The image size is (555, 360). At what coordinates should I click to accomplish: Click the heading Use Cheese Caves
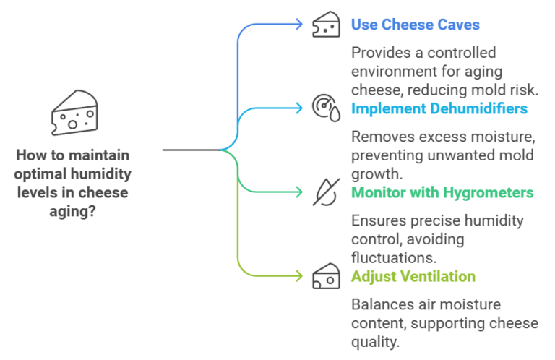coord(415,25)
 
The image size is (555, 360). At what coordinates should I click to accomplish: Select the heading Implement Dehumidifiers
coord(439,108)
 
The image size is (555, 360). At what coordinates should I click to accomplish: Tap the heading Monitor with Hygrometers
coord(442,192)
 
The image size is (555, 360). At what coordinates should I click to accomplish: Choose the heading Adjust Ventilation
coord(413,276)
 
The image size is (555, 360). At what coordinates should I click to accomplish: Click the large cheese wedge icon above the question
coord(74,113)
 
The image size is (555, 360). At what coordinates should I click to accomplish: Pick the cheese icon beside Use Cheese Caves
coord(325,25)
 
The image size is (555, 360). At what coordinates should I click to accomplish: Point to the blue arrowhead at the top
coord(298,24)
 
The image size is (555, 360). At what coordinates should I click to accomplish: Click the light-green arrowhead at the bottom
coord(298,275)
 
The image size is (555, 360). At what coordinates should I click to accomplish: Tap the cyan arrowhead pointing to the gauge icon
coord(298,108)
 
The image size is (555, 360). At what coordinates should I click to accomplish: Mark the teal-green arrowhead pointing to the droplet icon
coord(298,192)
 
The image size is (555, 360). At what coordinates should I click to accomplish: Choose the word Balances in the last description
coord(380,304)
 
